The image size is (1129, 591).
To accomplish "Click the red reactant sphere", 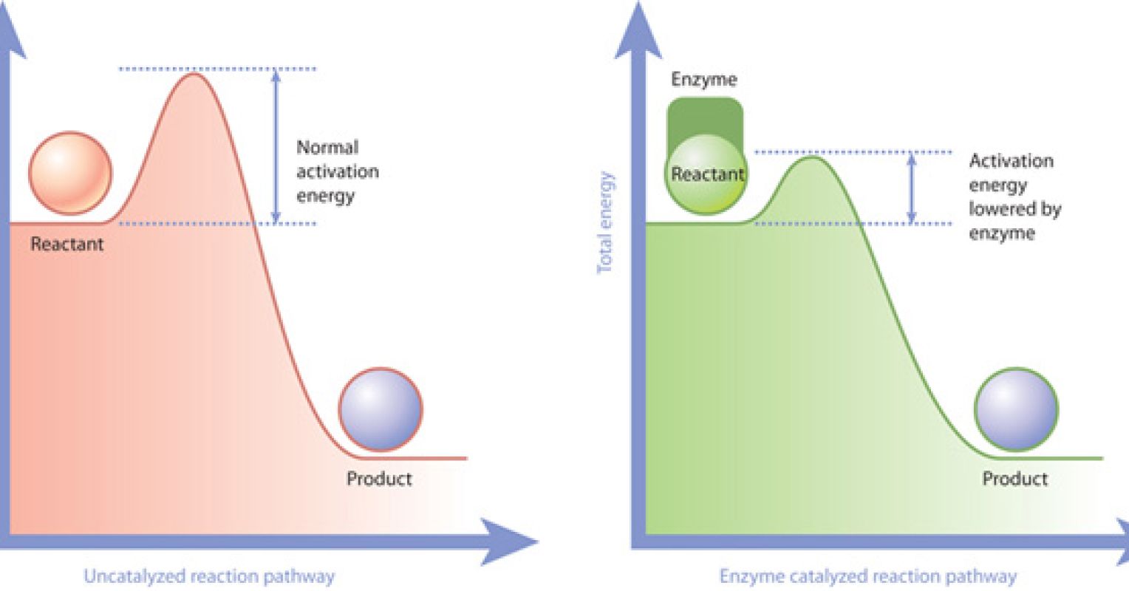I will [x=70, y=174].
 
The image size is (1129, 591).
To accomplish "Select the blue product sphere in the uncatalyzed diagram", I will [x=380, y=409].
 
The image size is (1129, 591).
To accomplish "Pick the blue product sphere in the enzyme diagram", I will [x=1016, y=409].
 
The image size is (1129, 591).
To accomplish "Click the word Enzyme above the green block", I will [x=703, y=80].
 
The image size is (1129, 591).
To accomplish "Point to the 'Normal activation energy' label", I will [x=337, y=171].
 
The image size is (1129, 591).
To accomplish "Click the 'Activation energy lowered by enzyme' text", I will [x=1014, y=197].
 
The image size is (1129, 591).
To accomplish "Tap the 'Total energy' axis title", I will [x=605, y=222].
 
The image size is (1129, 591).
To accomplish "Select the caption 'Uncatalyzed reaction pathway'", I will [x=209, y=576].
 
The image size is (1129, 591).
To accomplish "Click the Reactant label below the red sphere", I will [x=67, y=245].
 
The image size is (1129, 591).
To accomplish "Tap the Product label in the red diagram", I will [x=379, y=479].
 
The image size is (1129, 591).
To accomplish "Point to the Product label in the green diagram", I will [x=1014, y=479].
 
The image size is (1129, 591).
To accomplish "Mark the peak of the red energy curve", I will [x=194, y=74].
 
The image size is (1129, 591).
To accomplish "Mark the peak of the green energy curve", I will [x=812, y=157].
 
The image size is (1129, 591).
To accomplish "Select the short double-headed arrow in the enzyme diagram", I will [x=911, y=188].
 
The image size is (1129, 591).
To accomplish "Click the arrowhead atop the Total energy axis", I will [x=638, y=30].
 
